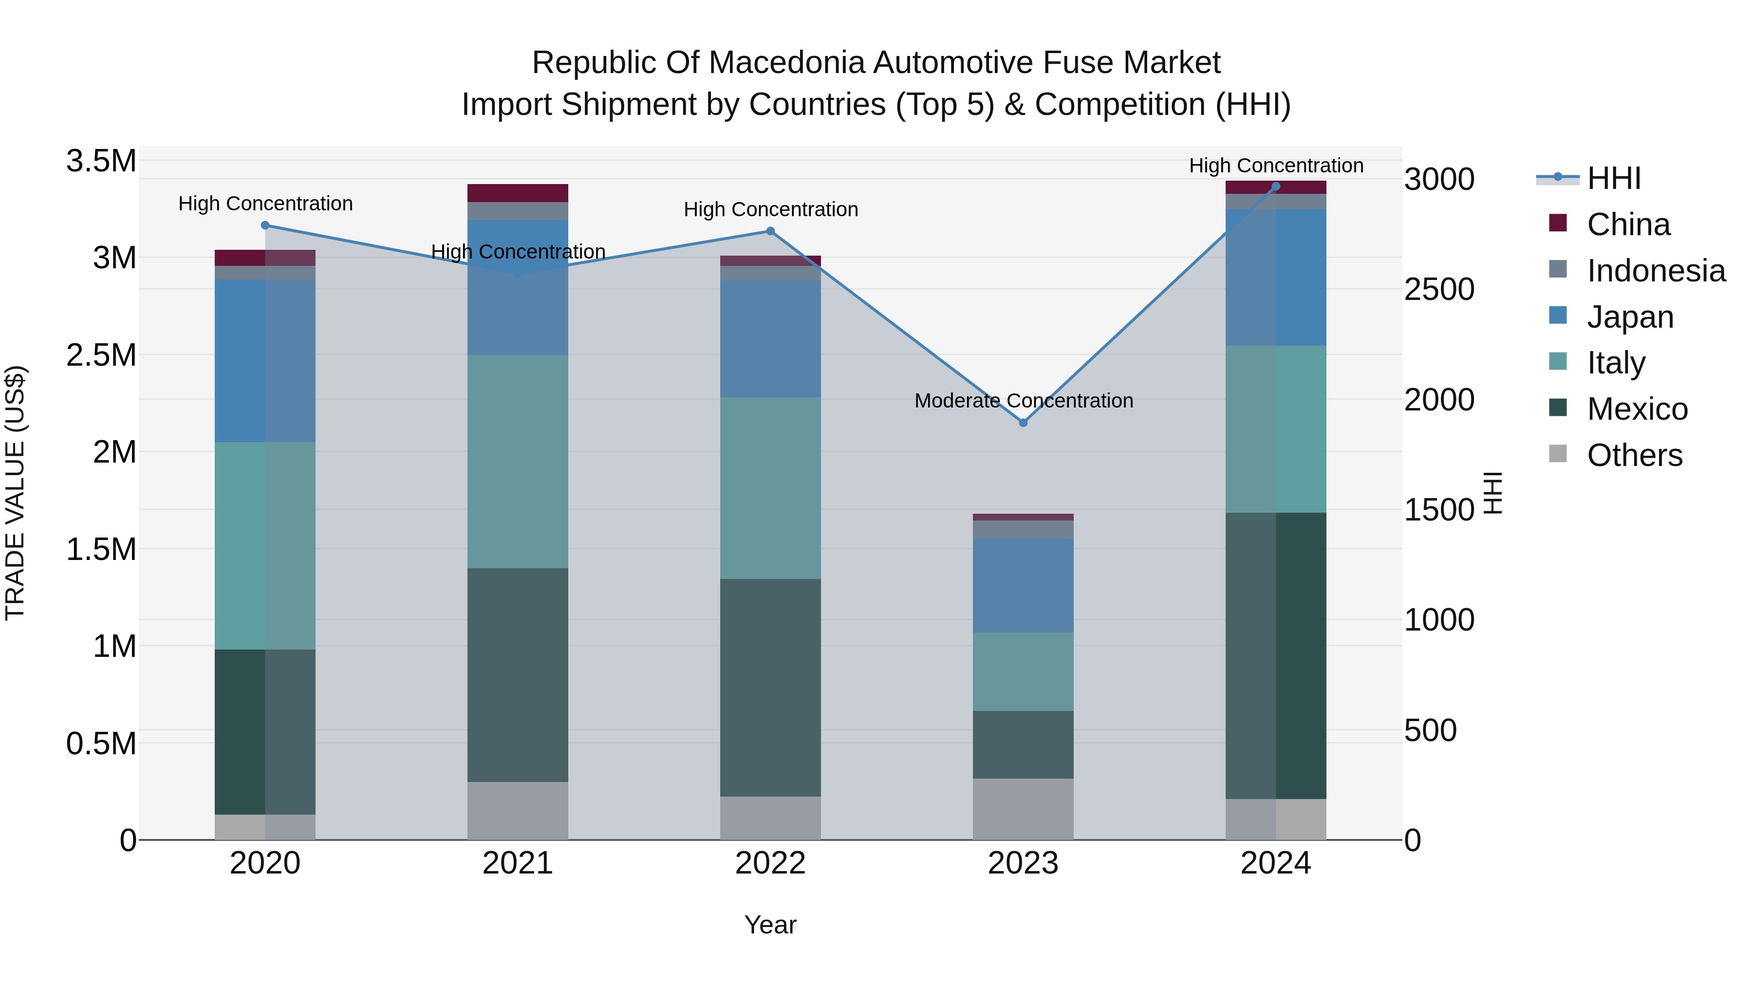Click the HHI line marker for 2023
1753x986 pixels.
click(1023, 423)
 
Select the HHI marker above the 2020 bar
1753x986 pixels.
click(265, 225)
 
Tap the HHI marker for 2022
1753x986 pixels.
click(770, 231)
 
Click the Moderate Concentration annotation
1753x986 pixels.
click(1024, 401)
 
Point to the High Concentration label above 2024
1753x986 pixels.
click(1276, 166)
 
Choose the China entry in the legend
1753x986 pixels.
click(1628, 224)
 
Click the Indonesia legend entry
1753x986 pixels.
click(1655, 271)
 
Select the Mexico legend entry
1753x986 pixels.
click(1637, 409)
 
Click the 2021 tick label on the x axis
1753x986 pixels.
click(518, 863)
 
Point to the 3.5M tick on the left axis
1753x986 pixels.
click(101, 161)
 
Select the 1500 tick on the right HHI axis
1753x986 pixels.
click(1438, 510)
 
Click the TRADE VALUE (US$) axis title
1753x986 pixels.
click(15, 493)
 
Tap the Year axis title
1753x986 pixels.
click(770, 925)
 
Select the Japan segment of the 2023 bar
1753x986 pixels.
click(1023, 585)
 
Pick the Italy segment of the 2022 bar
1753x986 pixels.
click(770, 488)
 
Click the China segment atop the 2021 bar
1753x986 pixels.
click(518, 192)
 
